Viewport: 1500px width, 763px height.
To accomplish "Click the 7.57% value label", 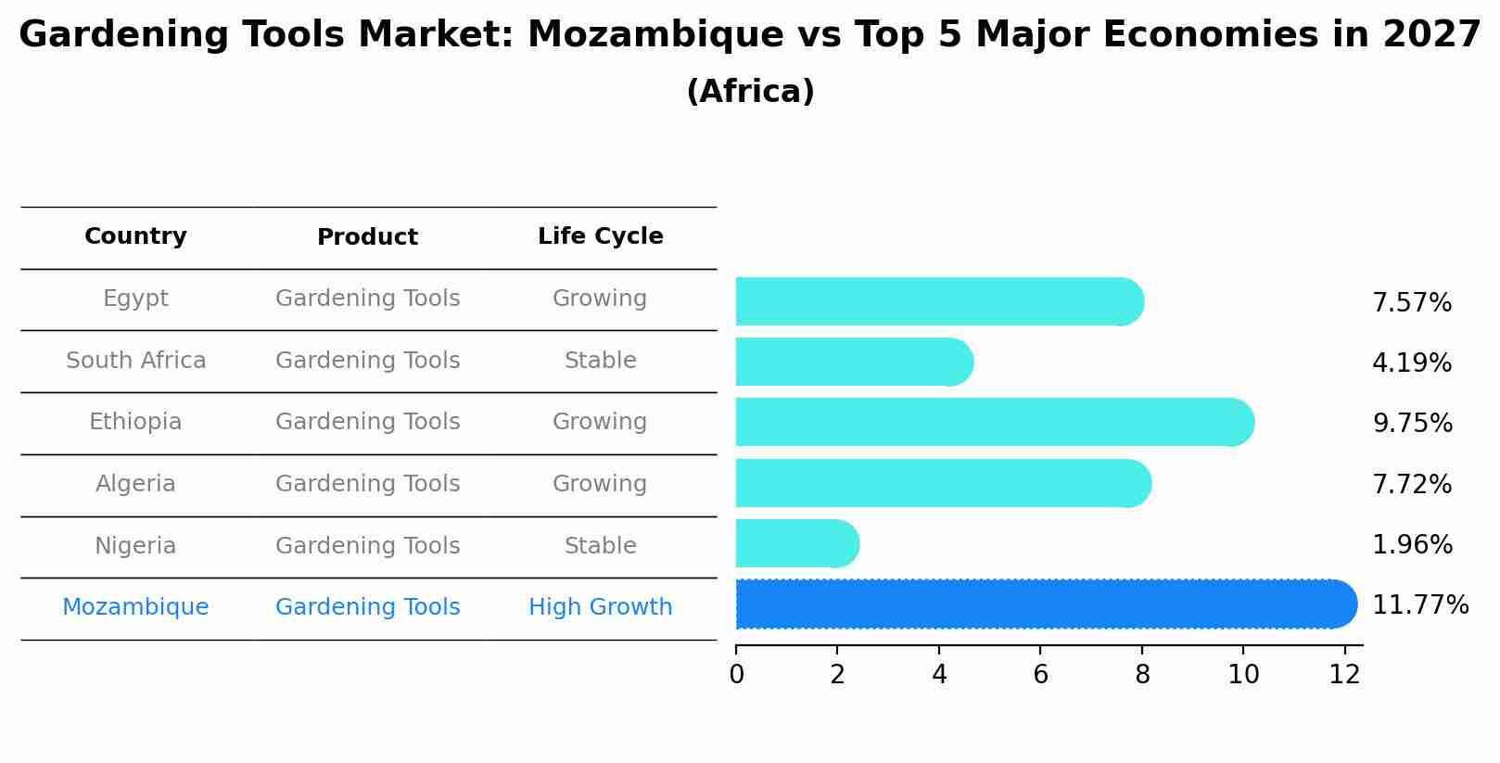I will (1411, 303).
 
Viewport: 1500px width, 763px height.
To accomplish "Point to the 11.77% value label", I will (1419, 605).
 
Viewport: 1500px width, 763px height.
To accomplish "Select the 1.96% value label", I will (1411, 545).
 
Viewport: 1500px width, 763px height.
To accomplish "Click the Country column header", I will (135, 236).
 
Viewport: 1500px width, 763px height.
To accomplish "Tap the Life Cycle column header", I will (600, 236).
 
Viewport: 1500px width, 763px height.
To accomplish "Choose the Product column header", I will (367, 237).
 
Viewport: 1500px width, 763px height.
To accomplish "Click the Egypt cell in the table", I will (135, 299).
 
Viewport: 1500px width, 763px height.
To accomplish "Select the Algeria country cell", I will (135, 484).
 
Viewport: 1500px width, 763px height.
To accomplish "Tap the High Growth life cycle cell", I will (600, 607).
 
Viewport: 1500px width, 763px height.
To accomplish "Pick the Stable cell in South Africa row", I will (600, 361).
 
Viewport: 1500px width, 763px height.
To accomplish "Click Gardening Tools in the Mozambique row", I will (367, 607).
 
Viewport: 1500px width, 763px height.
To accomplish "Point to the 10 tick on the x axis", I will (1243, 675).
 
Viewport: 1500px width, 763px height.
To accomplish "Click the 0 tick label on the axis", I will (736, 675).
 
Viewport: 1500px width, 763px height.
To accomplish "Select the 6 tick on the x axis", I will (1040, 675).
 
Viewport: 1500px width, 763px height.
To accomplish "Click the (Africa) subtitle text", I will (750, 92).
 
